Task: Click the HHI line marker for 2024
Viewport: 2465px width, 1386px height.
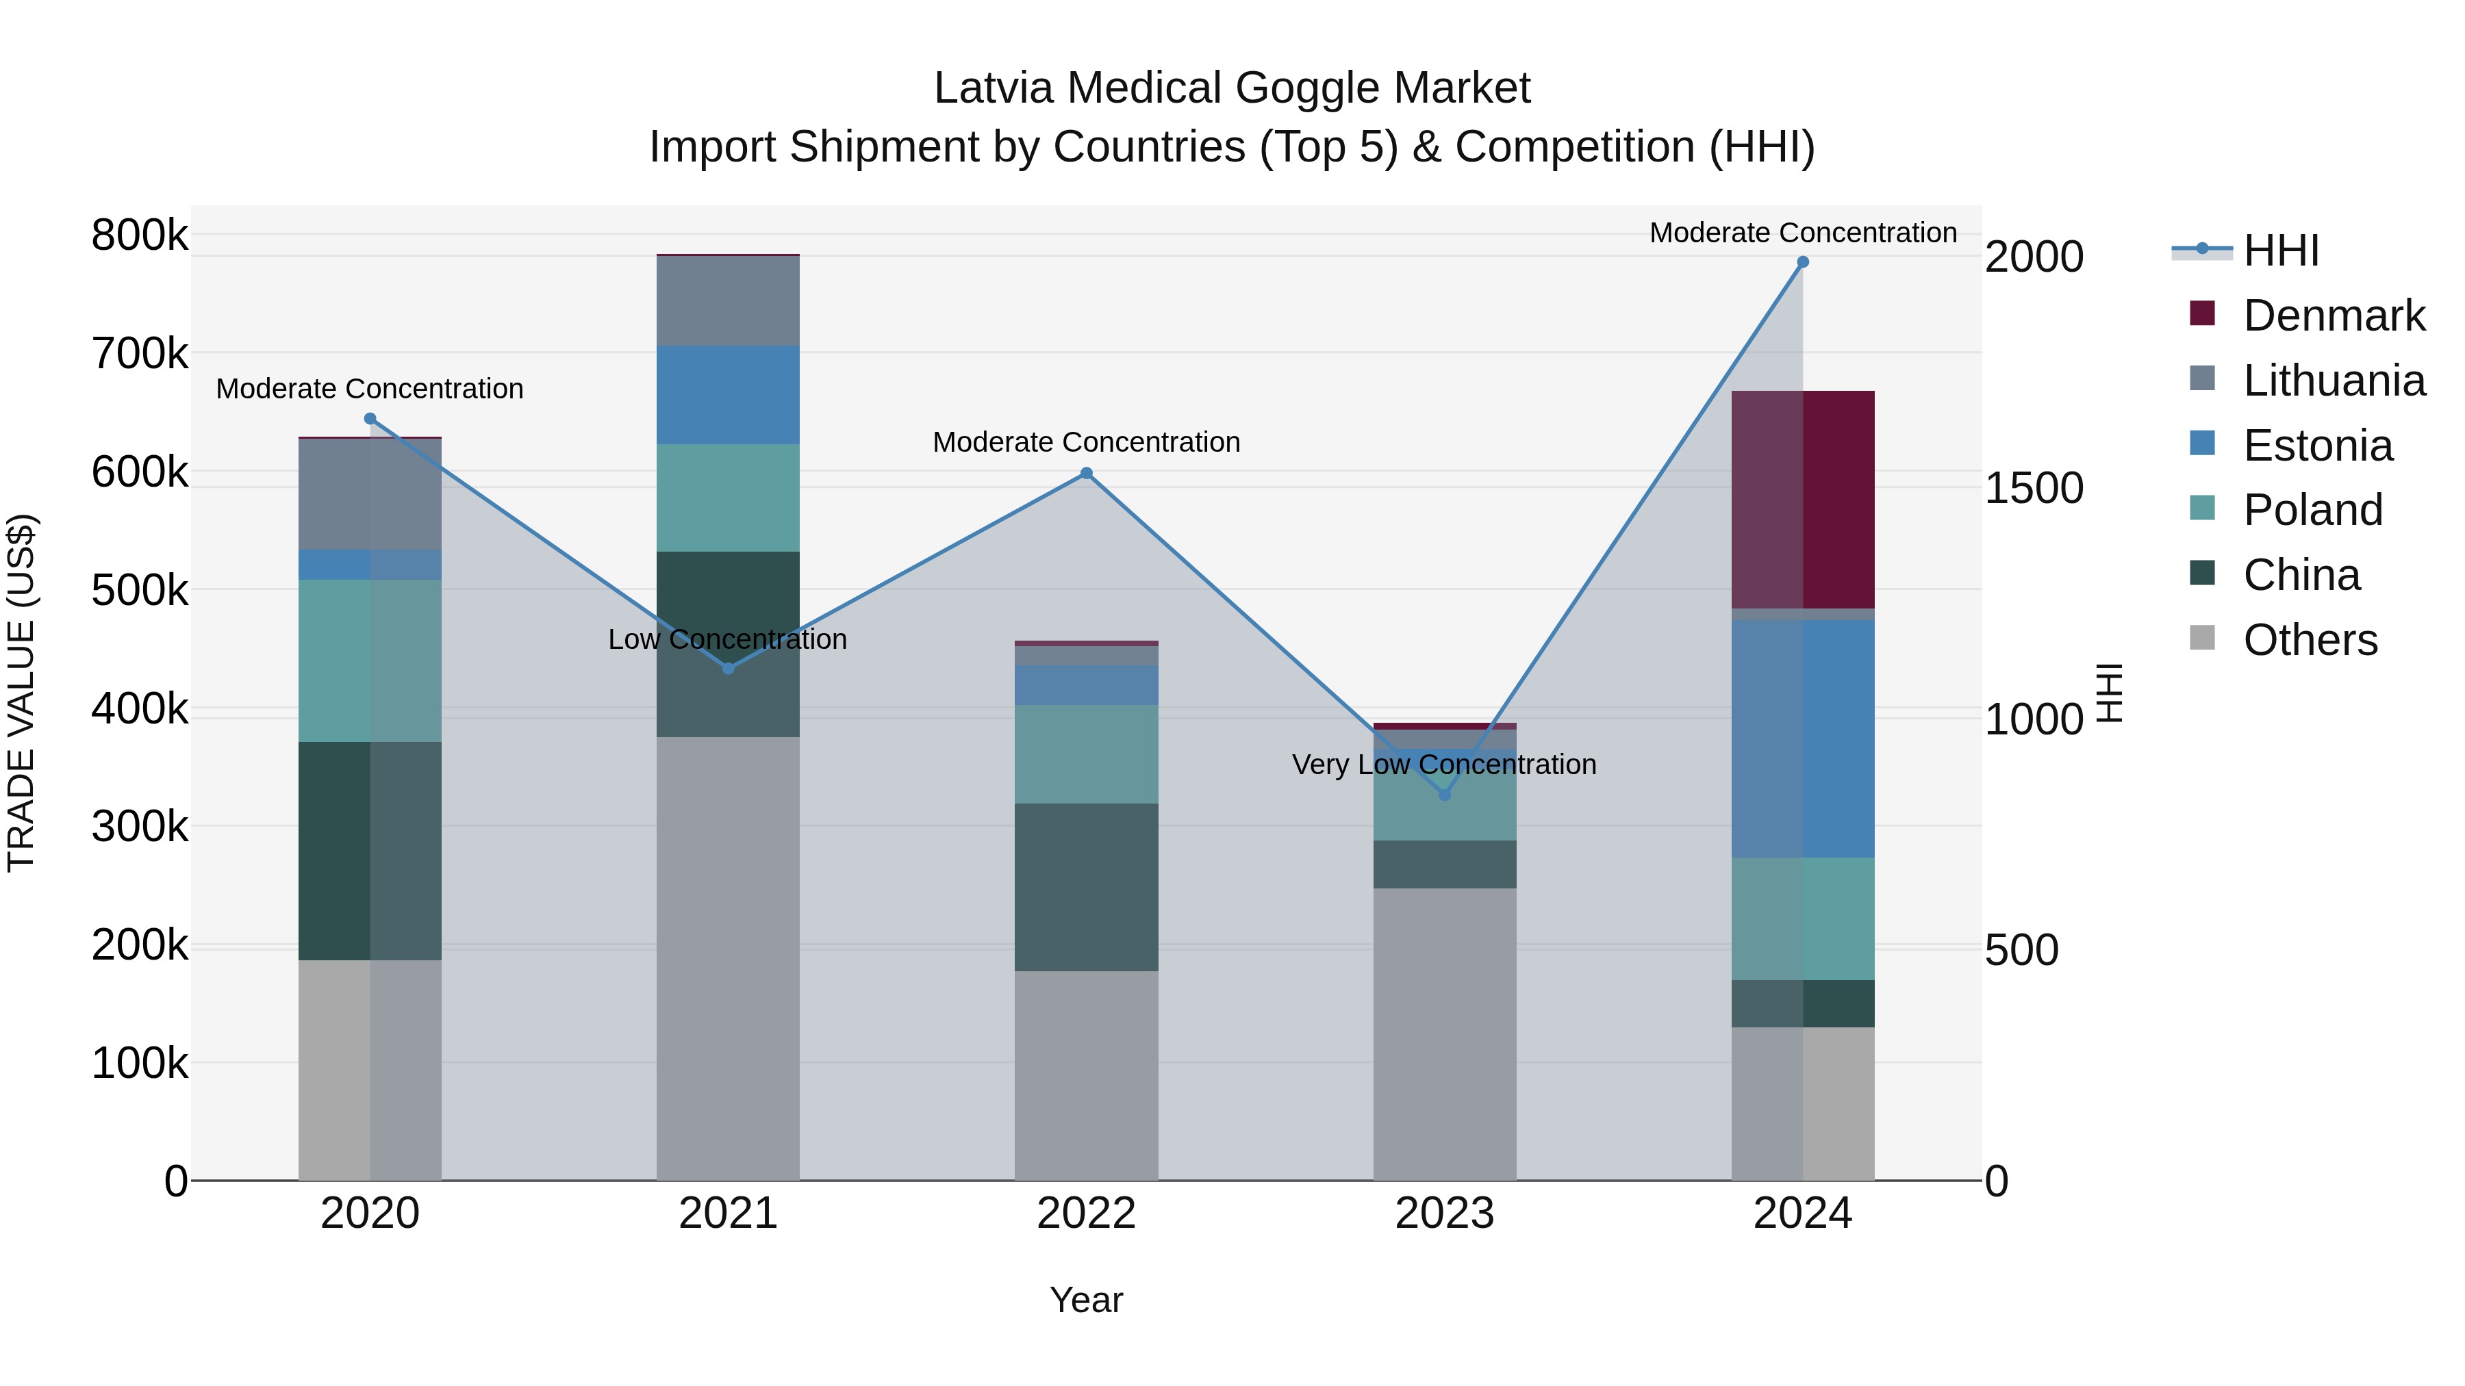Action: point(1803,262)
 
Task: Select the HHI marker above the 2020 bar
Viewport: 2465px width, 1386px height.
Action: point(370,419)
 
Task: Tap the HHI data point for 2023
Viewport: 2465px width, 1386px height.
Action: point(1445,795)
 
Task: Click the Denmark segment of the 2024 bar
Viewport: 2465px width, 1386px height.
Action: point(1803,500)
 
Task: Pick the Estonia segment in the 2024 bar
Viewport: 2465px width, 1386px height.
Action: point(1803,739)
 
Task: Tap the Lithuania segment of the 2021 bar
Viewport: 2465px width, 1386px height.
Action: point(729,301)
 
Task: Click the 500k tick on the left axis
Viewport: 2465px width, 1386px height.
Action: point(140,590)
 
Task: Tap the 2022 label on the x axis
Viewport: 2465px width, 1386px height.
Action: point(1086,1214)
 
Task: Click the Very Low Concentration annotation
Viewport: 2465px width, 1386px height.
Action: point(1444,765)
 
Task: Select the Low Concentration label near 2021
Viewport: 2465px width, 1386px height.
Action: point(727,639)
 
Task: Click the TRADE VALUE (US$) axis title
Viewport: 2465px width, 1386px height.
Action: point(21,693)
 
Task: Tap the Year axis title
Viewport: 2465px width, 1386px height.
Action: point(1086,1300)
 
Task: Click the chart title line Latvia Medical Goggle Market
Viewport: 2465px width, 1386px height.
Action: point(1232,88)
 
